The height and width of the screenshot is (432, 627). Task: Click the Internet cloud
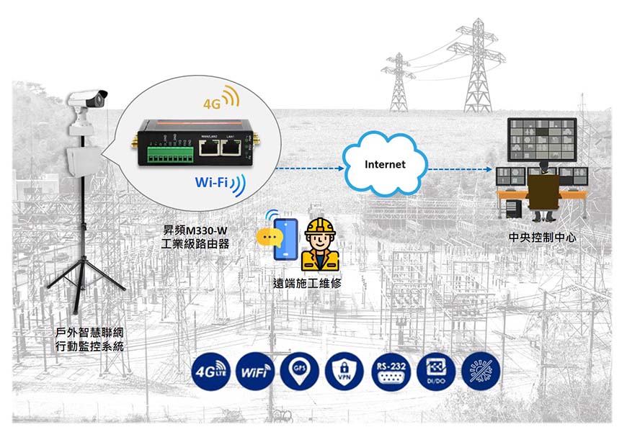coord(384,164)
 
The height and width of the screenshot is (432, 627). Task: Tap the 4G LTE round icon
coord(210,372)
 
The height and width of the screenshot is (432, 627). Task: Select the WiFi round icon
coord(256,372)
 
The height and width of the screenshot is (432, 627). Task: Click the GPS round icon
coord(301,372)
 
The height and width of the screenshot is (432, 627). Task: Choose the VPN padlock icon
coord(345,372)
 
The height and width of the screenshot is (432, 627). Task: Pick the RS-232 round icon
coord(391,372)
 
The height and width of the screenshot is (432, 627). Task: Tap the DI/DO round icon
coord(436,372)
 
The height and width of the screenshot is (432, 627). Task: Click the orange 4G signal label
coord(212,104)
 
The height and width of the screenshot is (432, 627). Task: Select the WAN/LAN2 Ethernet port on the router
coord(210,148)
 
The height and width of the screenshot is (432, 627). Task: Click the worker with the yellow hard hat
coord(320,245)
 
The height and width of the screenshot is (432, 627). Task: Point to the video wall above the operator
coord(541,139)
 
